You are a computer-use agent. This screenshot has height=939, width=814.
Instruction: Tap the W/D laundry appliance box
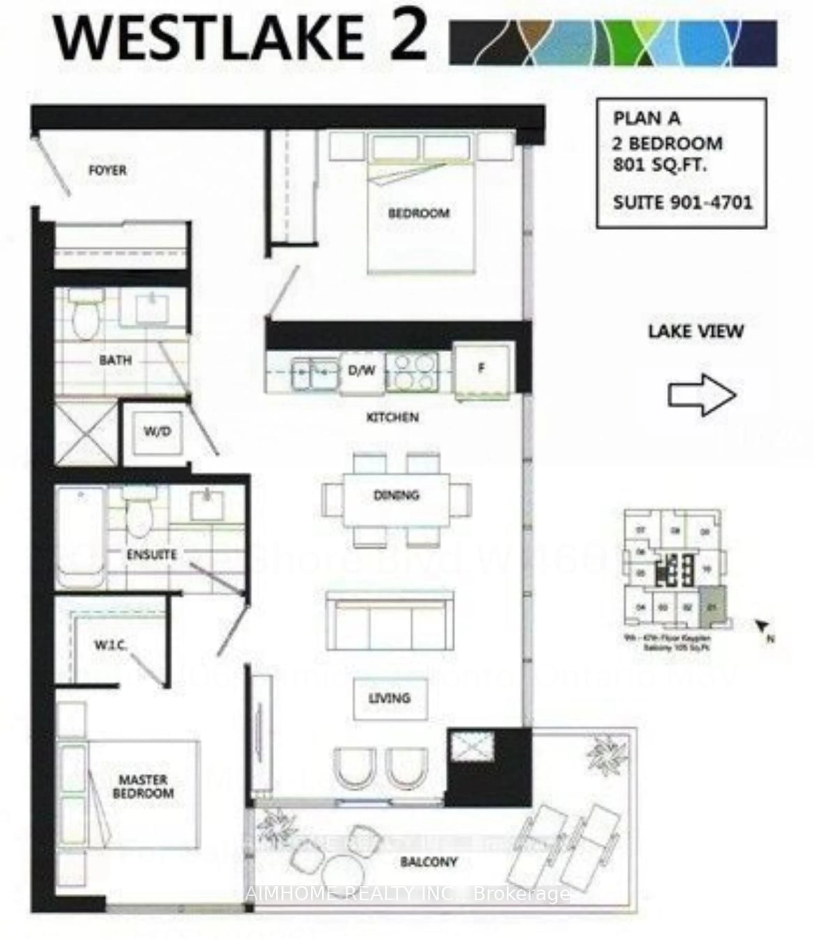click(x=157, y=432)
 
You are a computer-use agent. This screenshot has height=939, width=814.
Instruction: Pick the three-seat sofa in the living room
click(x=390, y=621)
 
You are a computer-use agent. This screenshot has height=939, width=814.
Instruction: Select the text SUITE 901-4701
click(x=682, y=203)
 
